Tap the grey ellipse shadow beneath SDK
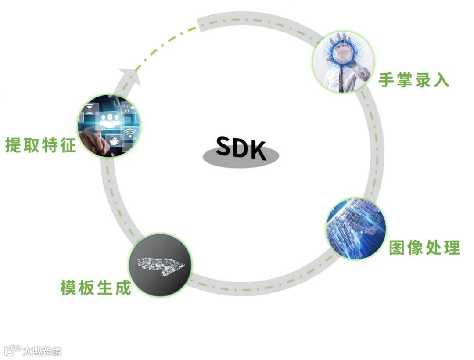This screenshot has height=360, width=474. pyautogui.click(x=241, y=158)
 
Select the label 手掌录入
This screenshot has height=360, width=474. pyautogui.click(x=414, y=79)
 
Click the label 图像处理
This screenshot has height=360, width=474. pyautogui.click(x=424, y=248)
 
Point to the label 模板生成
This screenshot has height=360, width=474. pyautogui.click(x=96, y=288)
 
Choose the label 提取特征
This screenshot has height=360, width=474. pyautogui.click(x=40, y=145)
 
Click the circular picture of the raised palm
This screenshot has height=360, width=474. pyautogui.click(x=343, y=61)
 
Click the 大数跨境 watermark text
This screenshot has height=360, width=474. pyautogui.click(x=42, y=351)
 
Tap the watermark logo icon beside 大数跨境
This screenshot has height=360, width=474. pyautogui.click(x=12, y=350)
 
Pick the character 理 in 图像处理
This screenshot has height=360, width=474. pyautogui.click(x=452, y=248)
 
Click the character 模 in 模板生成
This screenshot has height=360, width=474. pyautogui.click(x=68, y=288)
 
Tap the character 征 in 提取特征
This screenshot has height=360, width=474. pyautogui.click(x=68, y=145)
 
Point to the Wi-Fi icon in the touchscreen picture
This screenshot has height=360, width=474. pyautogui.click(x=129, y=133)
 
